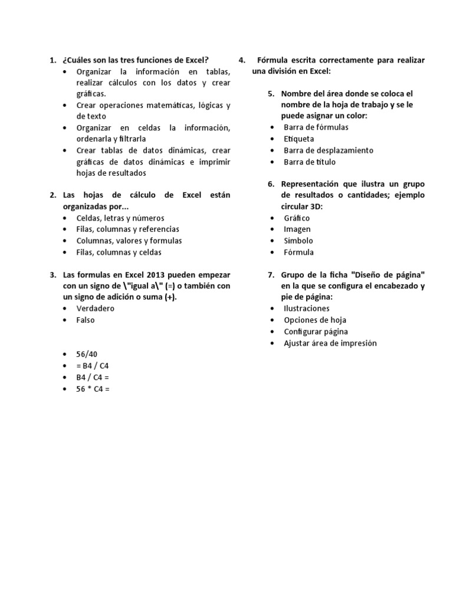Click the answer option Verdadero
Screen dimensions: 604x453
tap(95, 308)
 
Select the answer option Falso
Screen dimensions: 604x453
tap(86, 320)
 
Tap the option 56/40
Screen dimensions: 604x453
tap(87, 354)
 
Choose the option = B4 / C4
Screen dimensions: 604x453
tap(93, 366)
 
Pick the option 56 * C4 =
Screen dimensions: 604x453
tap(93, 389)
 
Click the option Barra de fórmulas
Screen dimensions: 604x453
tap(316, 127)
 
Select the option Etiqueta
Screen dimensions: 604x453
tap(299, 139)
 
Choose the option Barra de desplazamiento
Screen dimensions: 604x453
tap(329, 150)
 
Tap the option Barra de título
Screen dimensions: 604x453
tap(310, 162)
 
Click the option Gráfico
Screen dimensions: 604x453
tap(297, 218)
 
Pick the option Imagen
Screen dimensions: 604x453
tap(297, 229)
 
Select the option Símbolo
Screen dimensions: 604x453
tap(298, 241)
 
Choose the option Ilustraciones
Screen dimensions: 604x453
tap(307, 308)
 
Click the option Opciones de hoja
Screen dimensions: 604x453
tap(314, 320)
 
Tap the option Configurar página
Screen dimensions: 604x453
tap(316, 331)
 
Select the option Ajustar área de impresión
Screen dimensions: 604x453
tap(330, 343)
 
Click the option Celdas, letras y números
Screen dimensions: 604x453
tap(120, 218)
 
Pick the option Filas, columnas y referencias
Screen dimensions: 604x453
tap(128, 229)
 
